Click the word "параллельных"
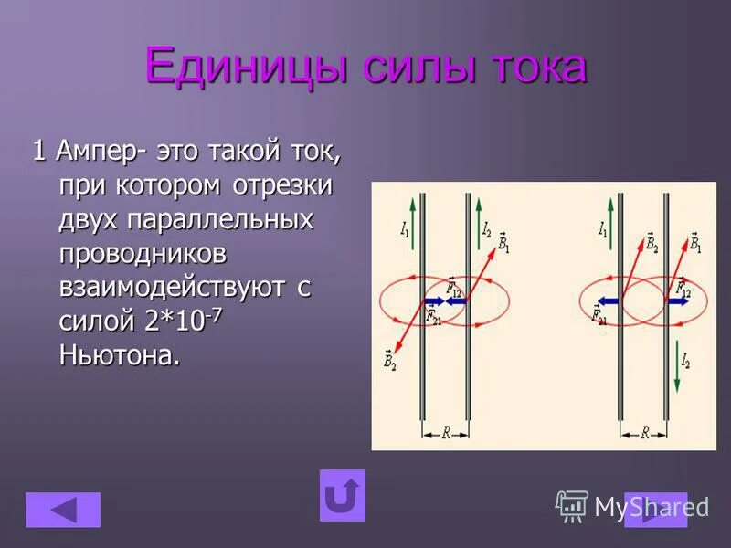coord(219,220)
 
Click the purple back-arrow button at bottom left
coord(63,510)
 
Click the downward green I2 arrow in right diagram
coord(674,359)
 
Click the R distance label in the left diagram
coord(445,434)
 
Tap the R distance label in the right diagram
coord(644,434)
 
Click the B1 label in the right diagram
coord(695,242)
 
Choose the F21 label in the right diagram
coord(599,316)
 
